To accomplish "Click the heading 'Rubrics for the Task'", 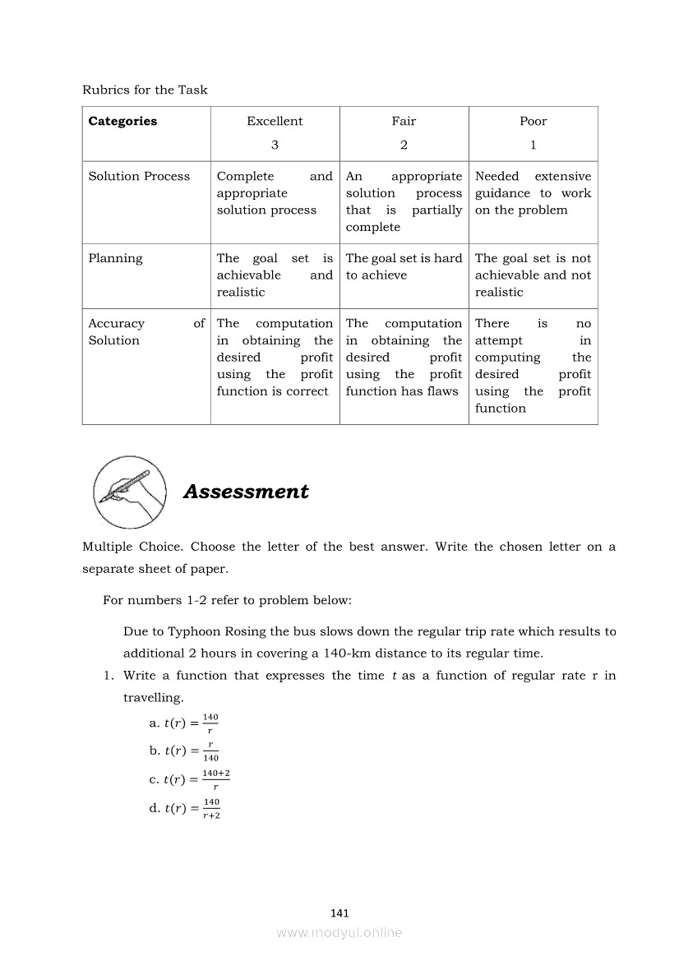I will click(145, 90).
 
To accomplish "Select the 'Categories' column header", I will click(122, 121).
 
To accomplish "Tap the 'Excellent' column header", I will click(275, 121).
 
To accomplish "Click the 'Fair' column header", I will click(404, 121).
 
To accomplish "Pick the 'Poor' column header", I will click(533, 121).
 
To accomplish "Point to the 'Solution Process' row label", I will click(139, 176).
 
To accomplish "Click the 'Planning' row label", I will click(115, 258).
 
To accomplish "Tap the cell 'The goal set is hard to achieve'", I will click(404, 266).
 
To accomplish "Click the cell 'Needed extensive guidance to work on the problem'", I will click(533, 193).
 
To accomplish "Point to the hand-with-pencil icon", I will click(129, 492).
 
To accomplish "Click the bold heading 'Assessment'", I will click(246, 492).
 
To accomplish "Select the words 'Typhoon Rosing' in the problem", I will click(206, 631).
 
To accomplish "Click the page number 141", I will click(339, 912).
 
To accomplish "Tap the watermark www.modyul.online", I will click(339, 932).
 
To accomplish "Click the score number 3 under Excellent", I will click(275, 145).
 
